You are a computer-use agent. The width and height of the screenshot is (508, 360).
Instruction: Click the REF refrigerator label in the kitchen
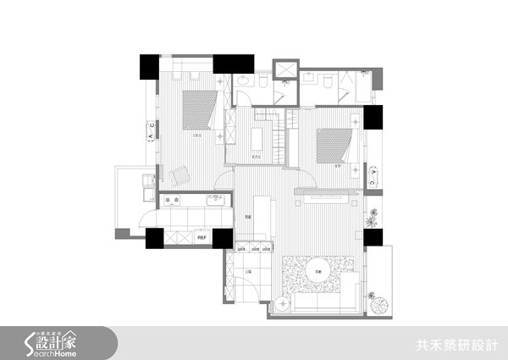coord(202,238)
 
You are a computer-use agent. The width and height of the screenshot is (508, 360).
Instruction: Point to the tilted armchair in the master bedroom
coord(179,176)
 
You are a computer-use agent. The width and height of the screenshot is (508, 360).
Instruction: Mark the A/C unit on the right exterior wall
coord(375,175)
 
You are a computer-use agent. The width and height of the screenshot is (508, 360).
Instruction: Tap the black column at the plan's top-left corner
coord(149,65)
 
